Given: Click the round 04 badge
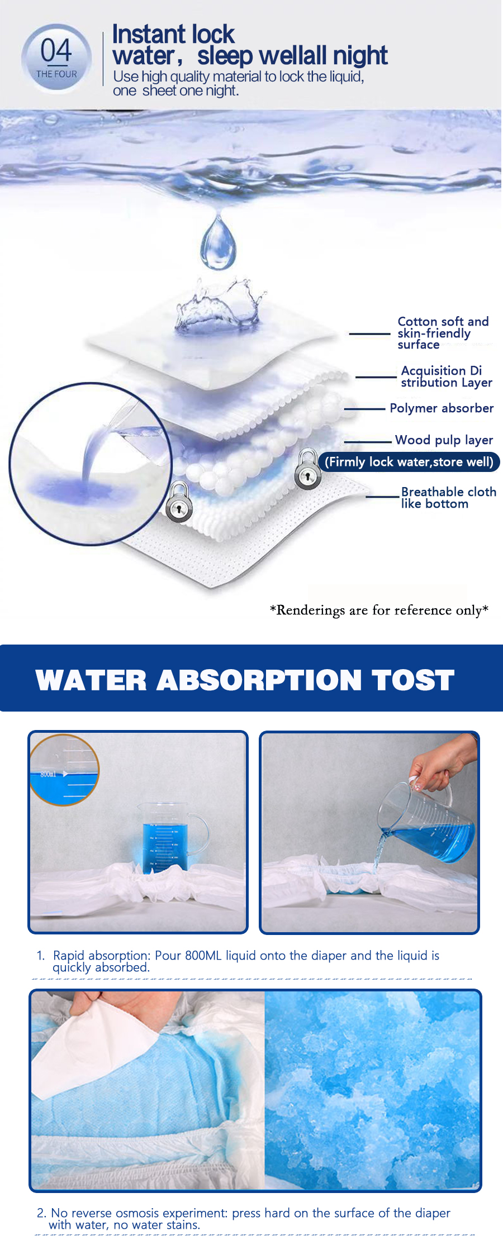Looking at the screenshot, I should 56,58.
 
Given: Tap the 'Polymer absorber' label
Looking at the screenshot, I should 442,408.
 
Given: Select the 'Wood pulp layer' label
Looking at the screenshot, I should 444,440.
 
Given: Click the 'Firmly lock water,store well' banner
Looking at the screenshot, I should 409,462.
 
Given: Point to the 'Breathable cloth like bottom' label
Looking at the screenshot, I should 448,498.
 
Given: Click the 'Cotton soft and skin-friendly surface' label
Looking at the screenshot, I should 443,333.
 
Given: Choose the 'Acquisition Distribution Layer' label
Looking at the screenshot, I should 446,376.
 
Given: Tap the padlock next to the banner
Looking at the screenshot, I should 307,470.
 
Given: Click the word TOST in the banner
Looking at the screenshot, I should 413,680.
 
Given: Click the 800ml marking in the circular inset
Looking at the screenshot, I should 48,774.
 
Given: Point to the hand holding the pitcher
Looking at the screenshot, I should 442,762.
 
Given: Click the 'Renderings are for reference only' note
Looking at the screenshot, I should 379,610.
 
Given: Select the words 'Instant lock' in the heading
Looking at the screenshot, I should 173,34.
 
